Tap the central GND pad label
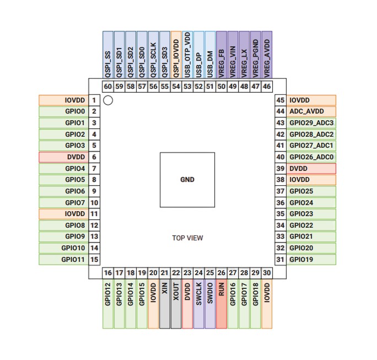187,180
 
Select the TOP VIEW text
187,238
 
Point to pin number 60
108,87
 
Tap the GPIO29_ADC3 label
311,123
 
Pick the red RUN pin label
222,304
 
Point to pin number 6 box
94,157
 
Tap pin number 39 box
281,168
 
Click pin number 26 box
222,273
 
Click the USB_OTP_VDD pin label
187,55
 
